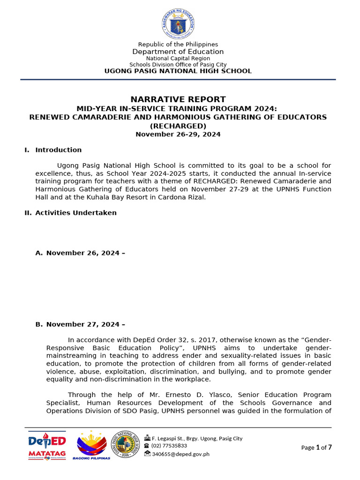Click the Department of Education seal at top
tap(178, 23)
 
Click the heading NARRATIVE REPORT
tap(178, 99)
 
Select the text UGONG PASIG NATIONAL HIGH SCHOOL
tap(178, 71)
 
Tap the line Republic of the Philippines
tap(178, 45)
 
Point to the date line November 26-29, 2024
tap(178, 135)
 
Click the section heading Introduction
tap(58, 150)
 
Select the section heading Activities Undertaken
tap(75, 213)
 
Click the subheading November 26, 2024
tap(85, 253)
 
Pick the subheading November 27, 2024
tap(85, 324)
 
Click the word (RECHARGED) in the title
tap(178, 126)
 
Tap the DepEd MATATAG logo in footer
tap(47, 445)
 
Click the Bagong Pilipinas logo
tap(91, 445)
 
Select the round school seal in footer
tap(125, 445)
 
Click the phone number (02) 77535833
tap(169, 446)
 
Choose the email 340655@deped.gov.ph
tap(180, 454)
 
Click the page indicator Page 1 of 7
tap(316, 448)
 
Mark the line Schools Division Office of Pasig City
tap(178, 65)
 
